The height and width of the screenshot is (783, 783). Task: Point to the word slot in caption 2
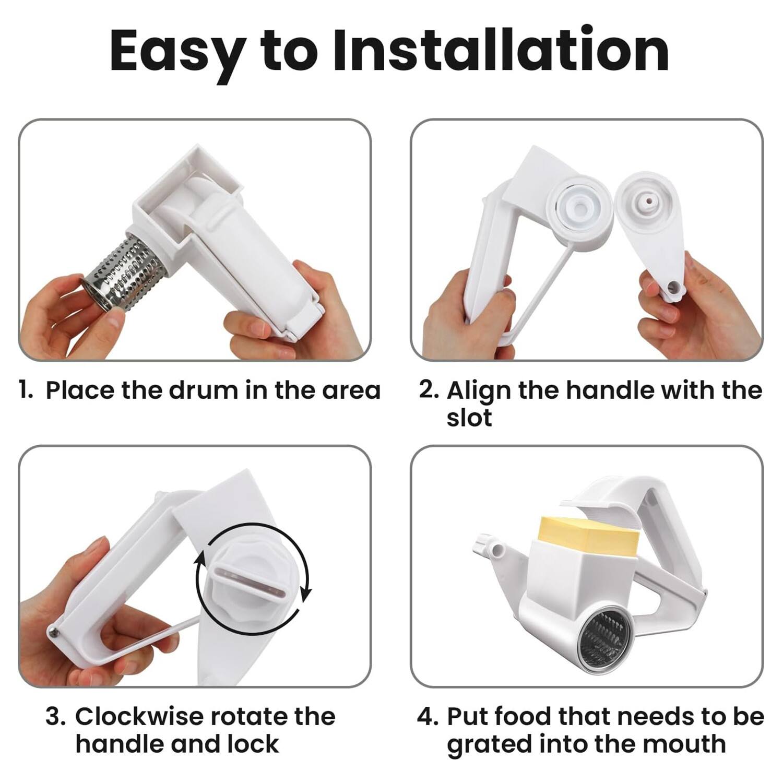(469, 418)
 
